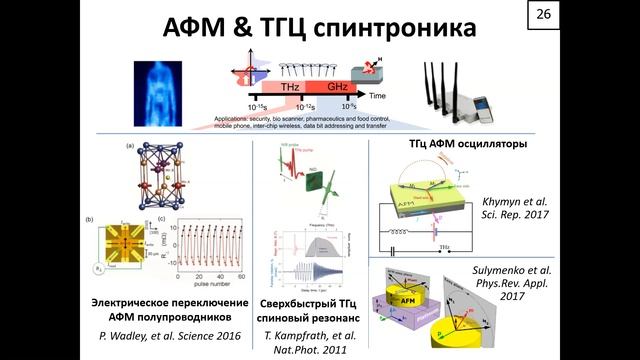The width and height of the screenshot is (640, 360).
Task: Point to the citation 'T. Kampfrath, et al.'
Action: coord(315,335)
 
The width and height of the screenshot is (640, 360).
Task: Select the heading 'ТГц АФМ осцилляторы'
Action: coord(468,144)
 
